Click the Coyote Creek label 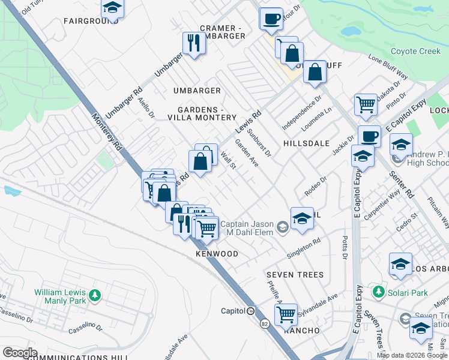click(x=415, y=52)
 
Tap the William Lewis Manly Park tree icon click(x=94, y=295)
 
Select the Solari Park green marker click(x=378, y=292)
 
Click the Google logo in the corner click(x=20, y=353)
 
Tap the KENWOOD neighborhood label click(x=217, y=254)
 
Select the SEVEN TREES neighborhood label click(x=295, y=275)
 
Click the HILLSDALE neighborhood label click(x=306, y=143)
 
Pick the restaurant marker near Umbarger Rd click(x=194, y=43)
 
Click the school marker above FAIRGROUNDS click(x=112, y=8)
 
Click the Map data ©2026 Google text click(x=412, y=355)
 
